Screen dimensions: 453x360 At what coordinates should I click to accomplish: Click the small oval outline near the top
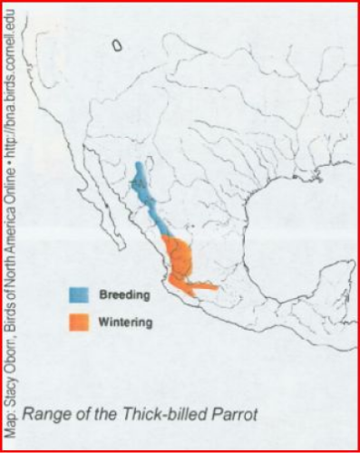click(117, 43)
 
